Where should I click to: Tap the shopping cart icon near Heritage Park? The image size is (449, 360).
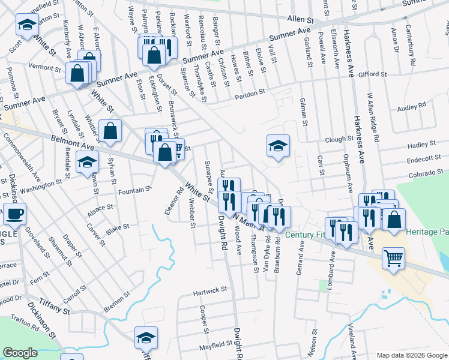[x=394, y=259]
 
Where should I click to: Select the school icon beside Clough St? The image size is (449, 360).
[x=278, y=146]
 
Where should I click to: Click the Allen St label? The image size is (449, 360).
[x=302, y=20]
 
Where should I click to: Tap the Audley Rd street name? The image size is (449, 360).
[x=412, y=106]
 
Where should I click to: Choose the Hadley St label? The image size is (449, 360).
[x=421, y=145]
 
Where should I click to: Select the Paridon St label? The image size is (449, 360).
[x=250, y=94]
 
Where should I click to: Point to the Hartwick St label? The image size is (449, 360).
[x=209, y=290]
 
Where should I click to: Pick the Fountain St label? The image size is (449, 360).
[x=134, y=190]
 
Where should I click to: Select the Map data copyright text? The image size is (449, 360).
[x=411, y=355]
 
